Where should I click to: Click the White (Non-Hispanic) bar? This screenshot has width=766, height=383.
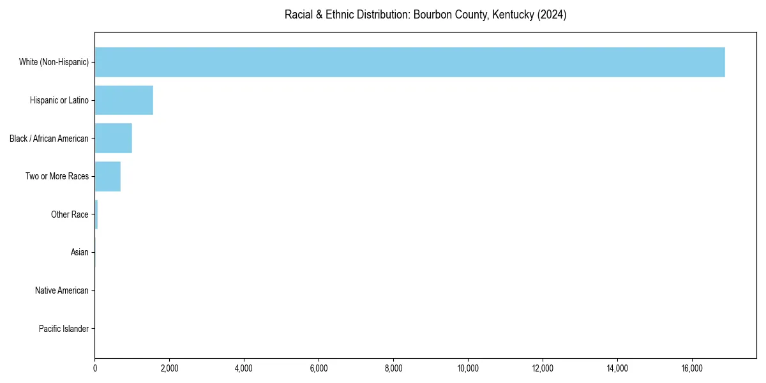[x=410, y=62]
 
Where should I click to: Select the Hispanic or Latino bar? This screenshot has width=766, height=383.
[x=124, y=100]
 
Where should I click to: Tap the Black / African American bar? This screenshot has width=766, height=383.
[x=114, y=139]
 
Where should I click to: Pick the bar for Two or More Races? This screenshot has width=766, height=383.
[x=108, y=177]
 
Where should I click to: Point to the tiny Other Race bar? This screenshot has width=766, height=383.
[x=96, y=215]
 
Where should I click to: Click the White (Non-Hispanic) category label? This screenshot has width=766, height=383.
[x=54, y=62]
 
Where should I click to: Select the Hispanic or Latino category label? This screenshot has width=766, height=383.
[x=59, y=100]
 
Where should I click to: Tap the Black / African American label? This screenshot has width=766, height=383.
[x=49, y=139]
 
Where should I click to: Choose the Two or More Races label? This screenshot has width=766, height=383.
[x=57, y=177]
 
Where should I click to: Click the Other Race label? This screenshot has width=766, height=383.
[x=70, y=215]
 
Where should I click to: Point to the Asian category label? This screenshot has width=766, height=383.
[x=80, y=253]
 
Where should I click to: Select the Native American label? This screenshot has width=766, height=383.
[x=62, y=291]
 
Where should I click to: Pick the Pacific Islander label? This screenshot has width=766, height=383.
[x=64, y=329]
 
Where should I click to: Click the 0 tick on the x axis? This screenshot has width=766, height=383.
[x=95, y=368]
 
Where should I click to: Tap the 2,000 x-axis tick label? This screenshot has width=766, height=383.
[x=169, y=368]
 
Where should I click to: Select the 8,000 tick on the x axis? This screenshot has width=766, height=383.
[x=393, y=368]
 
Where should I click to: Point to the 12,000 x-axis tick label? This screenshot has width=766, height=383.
[x=543, y=368]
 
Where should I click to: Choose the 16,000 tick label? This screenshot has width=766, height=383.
[x=692, y=368]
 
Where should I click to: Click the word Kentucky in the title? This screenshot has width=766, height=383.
[x=513, y=15]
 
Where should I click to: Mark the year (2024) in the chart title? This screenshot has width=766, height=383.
[x=552, y=15]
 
